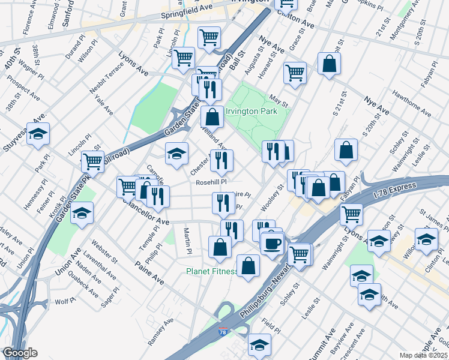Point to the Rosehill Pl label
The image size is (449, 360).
(x=210, y=182)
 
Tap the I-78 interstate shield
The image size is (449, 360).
(x=223, y=331)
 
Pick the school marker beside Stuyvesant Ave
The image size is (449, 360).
(x=38, y=136)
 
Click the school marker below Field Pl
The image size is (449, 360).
(x=260, y=345)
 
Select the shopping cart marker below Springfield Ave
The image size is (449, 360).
(x=209, y=37)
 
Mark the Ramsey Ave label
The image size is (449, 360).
(x=161, y=331)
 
